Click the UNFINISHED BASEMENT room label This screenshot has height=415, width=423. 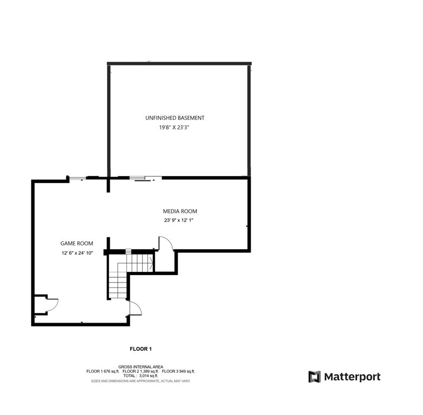pyautogui.click(x=174, y=118)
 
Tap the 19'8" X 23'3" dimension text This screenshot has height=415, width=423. pyautogui.click(x=174, y=128)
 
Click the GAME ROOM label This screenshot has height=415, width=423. pyautogui.click(x=77, y=244)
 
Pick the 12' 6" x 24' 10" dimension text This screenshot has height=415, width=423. pyautogui.click(x=77, y=253)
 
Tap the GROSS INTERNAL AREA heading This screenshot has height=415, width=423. pyautogui.click(x=140, y=367)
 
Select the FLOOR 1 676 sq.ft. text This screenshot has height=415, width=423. pyautogui.click(x=103, y=372)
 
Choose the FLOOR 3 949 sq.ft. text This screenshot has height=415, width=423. pyautogui.click(x=178, y=372)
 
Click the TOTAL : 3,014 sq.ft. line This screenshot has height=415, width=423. pyautogui.click(x=140, y=376)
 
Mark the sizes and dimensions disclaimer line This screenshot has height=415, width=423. pyautogui.click(x=140, y=381)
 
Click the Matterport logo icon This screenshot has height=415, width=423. pyautogui.click(x=314, y=377)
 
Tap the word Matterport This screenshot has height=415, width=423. pyautogui.click(x=352, y=377)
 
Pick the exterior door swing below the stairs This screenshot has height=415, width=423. pyautogui.click(x=135, y=309)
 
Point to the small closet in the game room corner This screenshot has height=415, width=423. pyautogui.click(x=40, y=305)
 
